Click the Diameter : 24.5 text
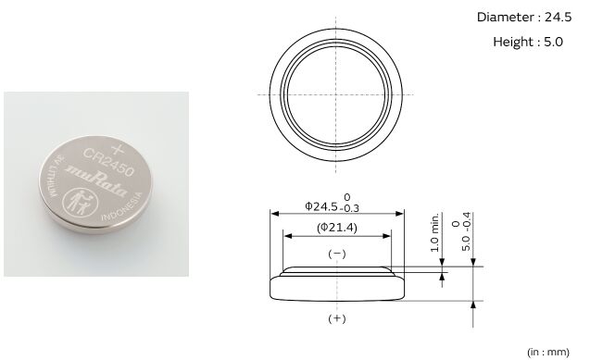coord(524,18)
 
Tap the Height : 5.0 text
coord(528,42)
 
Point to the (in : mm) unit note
coord(548,352)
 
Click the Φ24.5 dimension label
coord(321,206)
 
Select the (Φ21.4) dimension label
coord(337,228)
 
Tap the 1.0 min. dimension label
coord(434,232)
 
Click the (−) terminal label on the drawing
coord(337,254)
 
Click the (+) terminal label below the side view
coord(337,318)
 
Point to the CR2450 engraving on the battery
coord(108,162)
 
